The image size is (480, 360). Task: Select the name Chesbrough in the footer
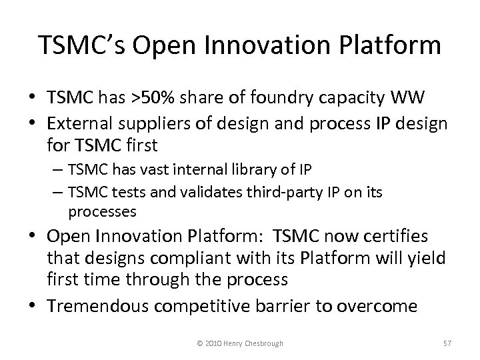pos(261,343)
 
